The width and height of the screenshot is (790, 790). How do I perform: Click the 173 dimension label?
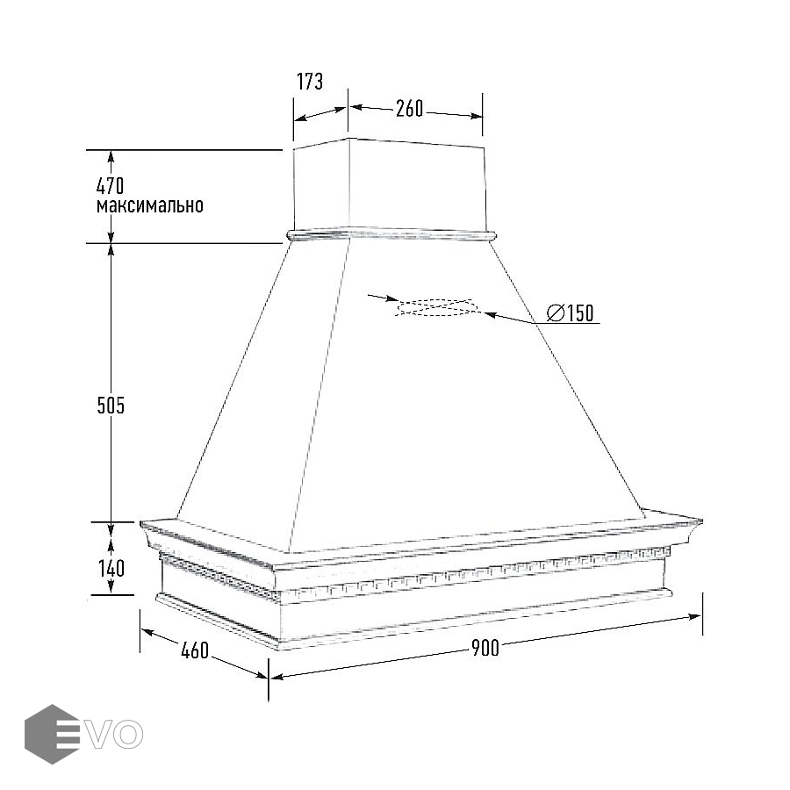pos(310,82)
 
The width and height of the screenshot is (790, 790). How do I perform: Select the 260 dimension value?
pos(409,109)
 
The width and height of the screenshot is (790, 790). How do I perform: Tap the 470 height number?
pos(110,186)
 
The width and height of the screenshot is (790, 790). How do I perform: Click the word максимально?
pos(150,205)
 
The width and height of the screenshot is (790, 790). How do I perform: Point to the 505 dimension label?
pos(111,406)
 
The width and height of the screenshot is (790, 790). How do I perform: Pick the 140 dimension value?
pos(111,568)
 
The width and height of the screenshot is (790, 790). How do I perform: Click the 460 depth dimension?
pos(195,650)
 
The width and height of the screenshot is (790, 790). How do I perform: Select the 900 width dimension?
pos(485,648)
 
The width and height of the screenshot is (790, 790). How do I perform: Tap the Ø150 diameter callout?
pos(571,312)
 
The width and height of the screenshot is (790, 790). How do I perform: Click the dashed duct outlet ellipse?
pos(434,308)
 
